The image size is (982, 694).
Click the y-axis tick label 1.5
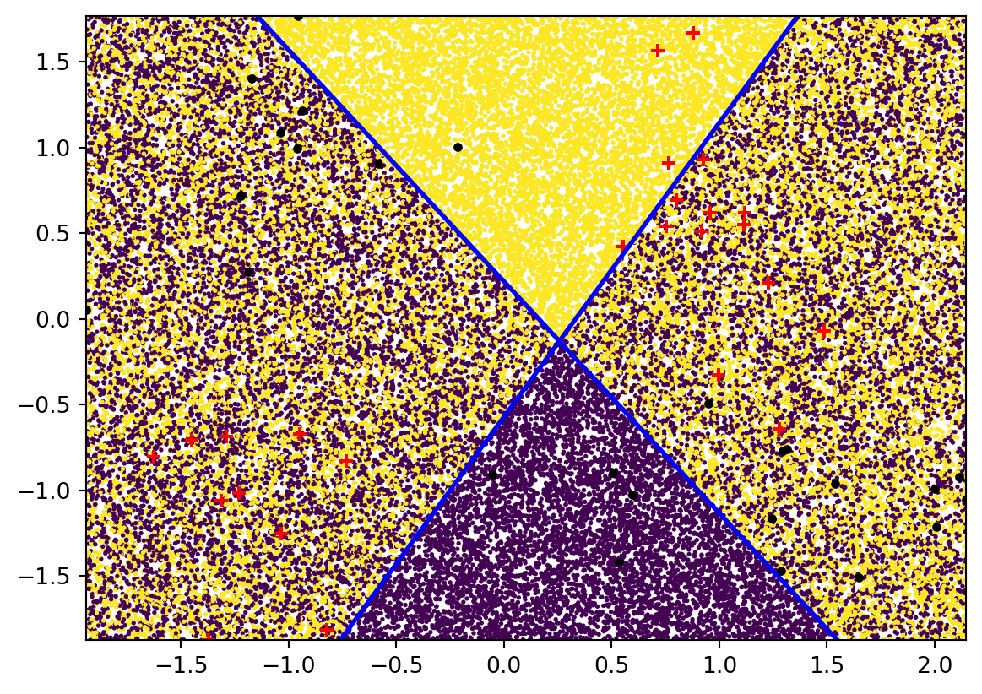click(63, 62)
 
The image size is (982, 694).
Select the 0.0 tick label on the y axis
click(63, 319)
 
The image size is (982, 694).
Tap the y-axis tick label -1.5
click(57, 577)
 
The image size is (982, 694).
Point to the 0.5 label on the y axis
click(63, 234)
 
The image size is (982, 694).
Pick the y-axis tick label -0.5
click(57, 405)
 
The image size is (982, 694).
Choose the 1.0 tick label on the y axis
click(63, 148)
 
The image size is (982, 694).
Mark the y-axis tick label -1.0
click(57, 491)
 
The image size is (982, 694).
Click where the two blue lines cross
click(558, 340)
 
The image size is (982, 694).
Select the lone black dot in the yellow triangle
click(458, 147)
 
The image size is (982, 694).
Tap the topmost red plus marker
click(693, 33)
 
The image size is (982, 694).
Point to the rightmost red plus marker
click(823, 330)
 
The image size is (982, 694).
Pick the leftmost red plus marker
click(153, 457)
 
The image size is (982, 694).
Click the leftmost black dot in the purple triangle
click(492, 474)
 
